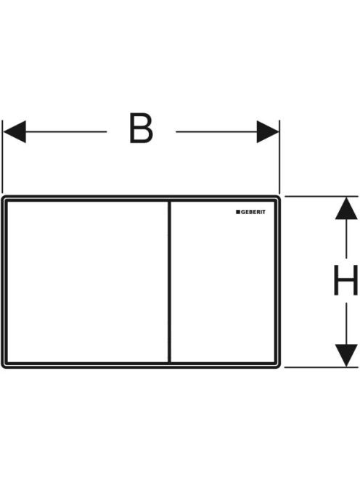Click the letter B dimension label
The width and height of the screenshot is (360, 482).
pyautogui.click(x=141, y=128)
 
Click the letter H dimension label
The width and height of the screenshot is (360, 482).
pyautogui.click(x=346, y=280)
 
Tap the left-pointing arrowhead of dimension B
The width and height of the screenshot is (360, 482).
pyautogui.click(x=15, y=131)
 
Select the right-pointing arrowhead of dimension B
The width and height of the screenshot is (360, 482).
pyautogui.click(x=268, y=131)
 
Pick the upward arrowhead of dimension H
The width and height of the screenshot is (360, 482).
pyautogui.click(x=346, y=208)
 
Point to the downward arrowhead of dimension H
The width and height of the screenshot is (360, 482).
pyautogui.click(x=346, y=356)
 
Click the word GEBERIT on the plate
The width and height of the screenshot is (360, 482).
pyautogui.click(x=253, y=212)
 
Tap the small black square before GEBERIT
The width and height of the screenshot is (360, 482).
pyautogui.click(x=238, y=212)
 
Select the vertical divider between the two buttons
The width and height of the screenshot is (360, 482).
pyautogui.click(x=169, y=282)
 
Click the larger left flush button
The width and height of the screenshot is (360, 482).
pyautogui.click(x=88, y=282)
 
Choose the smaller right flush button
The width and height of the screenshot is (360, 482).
pyautogui.click(x=223, y=282)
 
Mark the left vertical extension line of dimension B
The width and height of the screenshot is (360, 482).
pyautogui.click(x=2, y=157)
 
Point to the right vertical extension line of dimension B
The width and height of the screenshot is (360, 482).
pyautogui.click(x=279, y=157)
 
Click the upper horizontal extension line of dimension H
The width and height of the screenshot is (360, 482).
pyautogui.click(x=322, y=196)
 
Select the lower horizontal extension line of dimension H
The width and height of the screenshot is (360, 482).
pyautogui.click(x=322, y=367)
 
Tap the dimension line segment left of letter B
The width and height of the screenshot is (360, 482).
pyautogui.click(x=66, y=131)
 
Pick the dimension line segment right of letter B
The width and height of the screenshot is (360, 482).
pyautogui.click(x=216, y=131)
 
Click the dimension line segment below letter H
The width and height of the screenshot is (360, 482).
pyautogui.click(x=346, y=324)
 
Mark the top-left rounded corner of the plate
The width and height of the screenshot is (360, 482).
pyautogui.click(x=3, y=197)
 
